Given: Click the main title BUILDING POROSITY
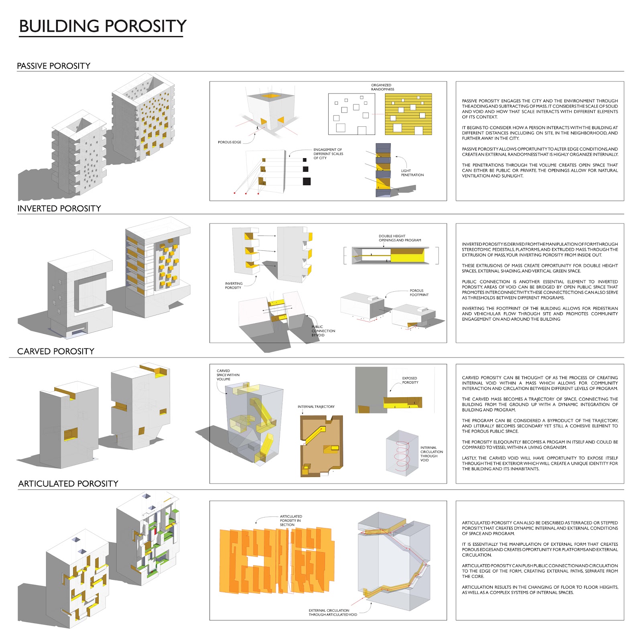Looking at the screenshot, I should [x=103, y=26].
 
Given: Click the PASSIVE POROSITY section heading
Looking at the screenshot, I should [x=53, y=66].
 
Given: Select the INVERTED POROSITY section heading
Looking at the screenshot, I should [x=59, y=208].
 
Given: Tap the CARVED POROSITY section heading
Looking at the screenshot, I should [x=55, y=351].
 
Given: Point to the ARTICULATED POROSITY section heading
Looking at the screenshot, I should [x=68, y=484].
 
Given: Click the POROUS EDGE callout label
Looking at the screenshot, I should [x=230, y=142].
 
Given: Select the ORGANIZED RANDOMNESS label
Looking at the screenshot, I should [x=382, y=87].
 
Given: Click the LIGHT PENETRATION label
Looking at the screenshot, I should [x=412, y=173].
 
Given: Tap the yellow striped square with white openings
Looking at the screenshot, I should [x=408, y=114].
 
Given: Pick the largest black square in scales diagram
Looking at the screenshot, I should [x=307, y=181].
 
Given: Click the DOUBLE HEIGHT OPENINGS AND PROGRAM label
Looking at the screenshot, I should [x=400, y=238].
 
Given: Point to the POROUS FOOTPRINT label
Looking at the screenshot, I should [x=419, y=293].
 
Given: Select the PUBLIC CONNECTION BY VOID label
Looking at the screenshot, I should [x=323, y=331].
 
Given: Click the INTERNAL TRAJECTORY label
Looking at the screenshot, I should [x=316, y=406].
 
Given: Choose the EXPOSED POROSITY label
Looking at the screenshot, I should [x=410, y=380].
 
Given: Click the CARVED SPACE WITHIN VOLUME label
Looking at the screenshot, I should [x=228, y=375].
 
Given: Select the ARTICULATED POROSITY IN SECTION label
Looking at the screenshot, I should [x=291, y=520].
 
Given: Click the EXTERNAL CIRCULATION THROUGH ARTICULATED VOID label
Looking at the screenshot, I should [x=333, y=612].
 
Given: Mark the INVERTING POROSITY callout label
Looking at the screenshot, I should [x=233, y=285].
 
